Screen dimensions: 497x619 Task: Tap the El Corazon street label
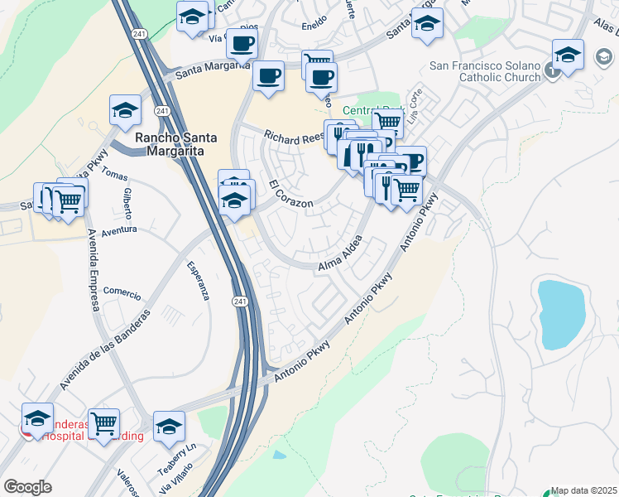tap(290, 194)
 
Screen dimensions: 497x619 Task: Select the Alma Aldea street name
tap(340, 252)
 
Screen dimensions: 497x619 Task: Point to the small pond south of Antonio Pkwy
tap(279, 455)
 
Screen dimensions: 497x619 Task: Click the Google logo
tap(27, 487)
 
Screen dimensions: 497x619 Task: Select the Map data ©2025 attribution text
tap(584, 490)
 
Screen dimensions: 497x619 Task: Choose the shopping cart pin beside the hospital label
tap(103, 424)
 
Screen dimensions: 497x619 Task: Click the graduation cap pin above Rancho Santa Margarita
tap(125, 110)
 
